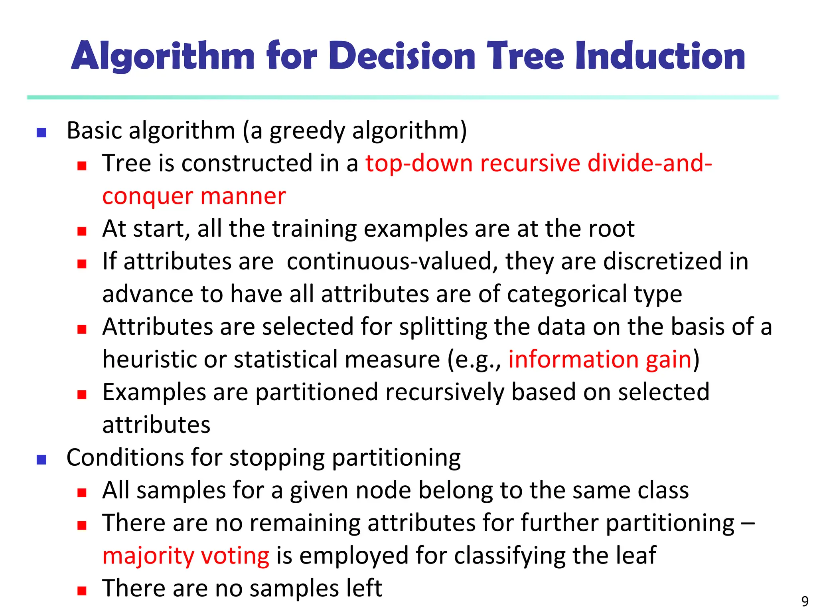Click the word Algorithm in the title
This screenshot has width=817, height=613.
[x=163, y=57]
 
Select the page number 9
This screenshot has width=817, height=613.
[x=805, y=601]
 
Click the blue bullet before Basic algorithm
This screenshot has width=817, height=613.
[x=41, y=132]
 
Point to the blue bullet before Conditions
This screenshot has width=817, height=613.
[x=41, y=460]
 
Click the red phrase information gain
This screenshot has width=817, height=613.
[x=600, y=359]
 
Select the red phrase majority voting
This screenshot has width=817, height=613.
[x=186, y=556]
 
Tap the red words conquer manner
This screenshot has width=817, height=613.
[x=194, y=196]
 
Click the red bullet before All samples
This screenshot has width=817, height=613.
[x=82, y=492]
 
